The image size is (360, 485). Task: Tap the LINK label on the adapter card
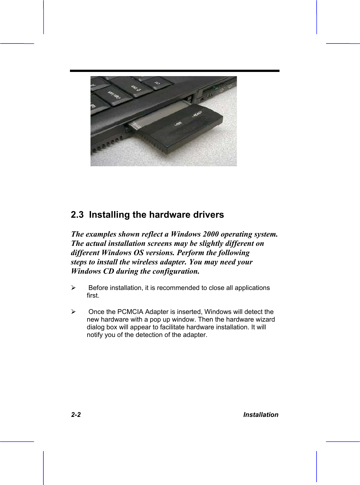[x=178, y=123]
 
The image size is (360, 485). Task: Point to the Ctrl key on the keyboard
[x=157, y=82]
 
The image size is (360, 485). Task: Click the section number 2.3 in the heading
[x=77, y=215]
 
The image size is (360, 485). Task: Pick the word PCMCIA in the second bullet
[x=130, y=312]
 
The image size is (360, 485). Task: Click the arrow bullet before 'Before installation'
[x=73, y=288]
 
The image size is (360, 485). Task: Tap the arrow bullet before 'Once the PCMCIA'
[x=73, y=312]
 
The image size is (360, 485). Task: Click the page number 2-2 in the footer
[x=76, y=415]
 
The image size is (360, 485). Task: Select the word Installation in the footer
[x=261, y=415]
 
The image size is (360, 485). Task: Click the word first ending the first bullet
[x=93, y=295]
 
